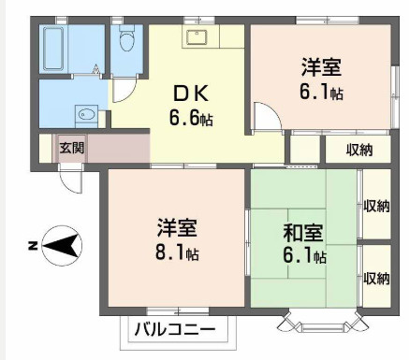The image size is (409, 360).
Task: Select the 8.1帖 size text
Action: click(178, 252)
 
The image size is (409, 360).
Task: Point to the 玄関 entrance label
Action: click(71, 147)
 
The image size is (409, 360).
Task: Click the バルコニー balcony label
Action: click(174, 329)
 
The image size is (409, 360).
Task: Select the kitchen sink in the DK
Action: click(197, 36)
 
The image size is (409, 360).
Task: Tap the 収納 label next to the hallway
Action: click(359, 149)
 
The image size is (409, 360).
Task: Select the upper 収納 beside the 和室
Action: click(376, 206)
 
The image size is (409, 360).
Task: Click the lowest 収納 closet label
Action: click(376, 278)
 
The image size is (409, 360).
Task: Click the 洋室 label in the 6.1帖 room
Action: click(321, 66)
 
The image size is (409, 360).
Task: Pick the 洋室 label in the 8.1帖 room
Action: click(177, 227)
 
